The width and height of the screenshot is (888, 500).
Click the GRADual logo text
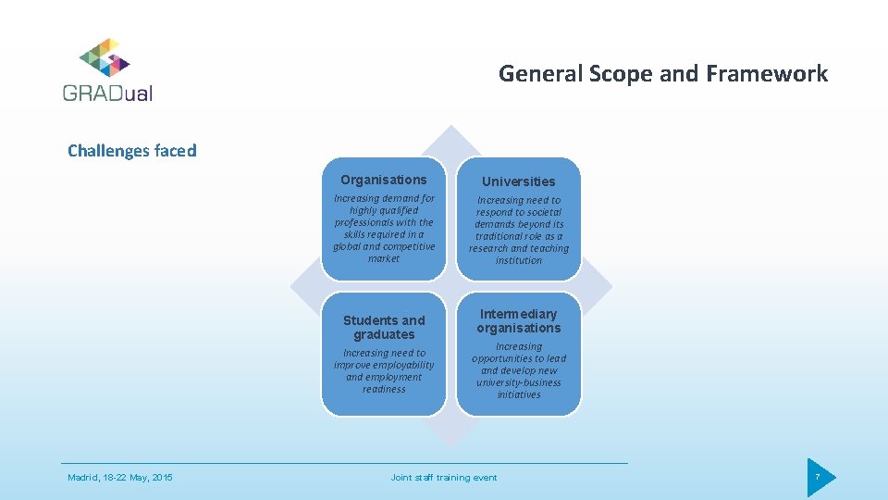107,93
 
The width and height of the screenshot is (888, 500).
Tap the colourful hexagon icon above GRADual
105,57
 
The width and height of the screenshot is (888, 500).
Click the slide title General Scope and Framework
663,73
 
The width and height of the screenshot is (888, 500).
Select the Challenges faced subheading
132,151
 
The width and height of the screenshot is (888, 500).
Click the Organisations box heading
384,180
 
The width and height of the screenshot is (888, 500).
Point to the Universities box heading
519,181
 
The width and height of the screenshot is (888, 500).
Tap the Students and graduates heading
384,327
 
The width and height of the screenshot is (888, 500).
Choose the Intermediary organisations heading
519,320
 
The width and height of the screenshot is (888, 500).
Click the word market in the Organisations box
384,259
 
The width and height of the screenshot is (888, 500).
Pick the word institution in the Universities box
519,261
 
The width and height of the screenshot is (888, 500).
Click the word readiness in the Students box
384,390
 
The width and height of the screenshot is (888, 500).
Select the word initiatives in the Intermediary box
519,395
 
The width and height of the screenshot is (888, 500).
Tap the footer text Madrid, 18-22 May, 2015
120,478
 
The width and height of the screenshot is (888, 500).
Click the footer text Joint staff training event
444,478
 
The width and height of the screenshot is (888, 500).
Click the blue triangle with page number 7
819,478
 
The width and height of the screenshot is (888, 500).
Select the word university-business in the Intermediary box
519,382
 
